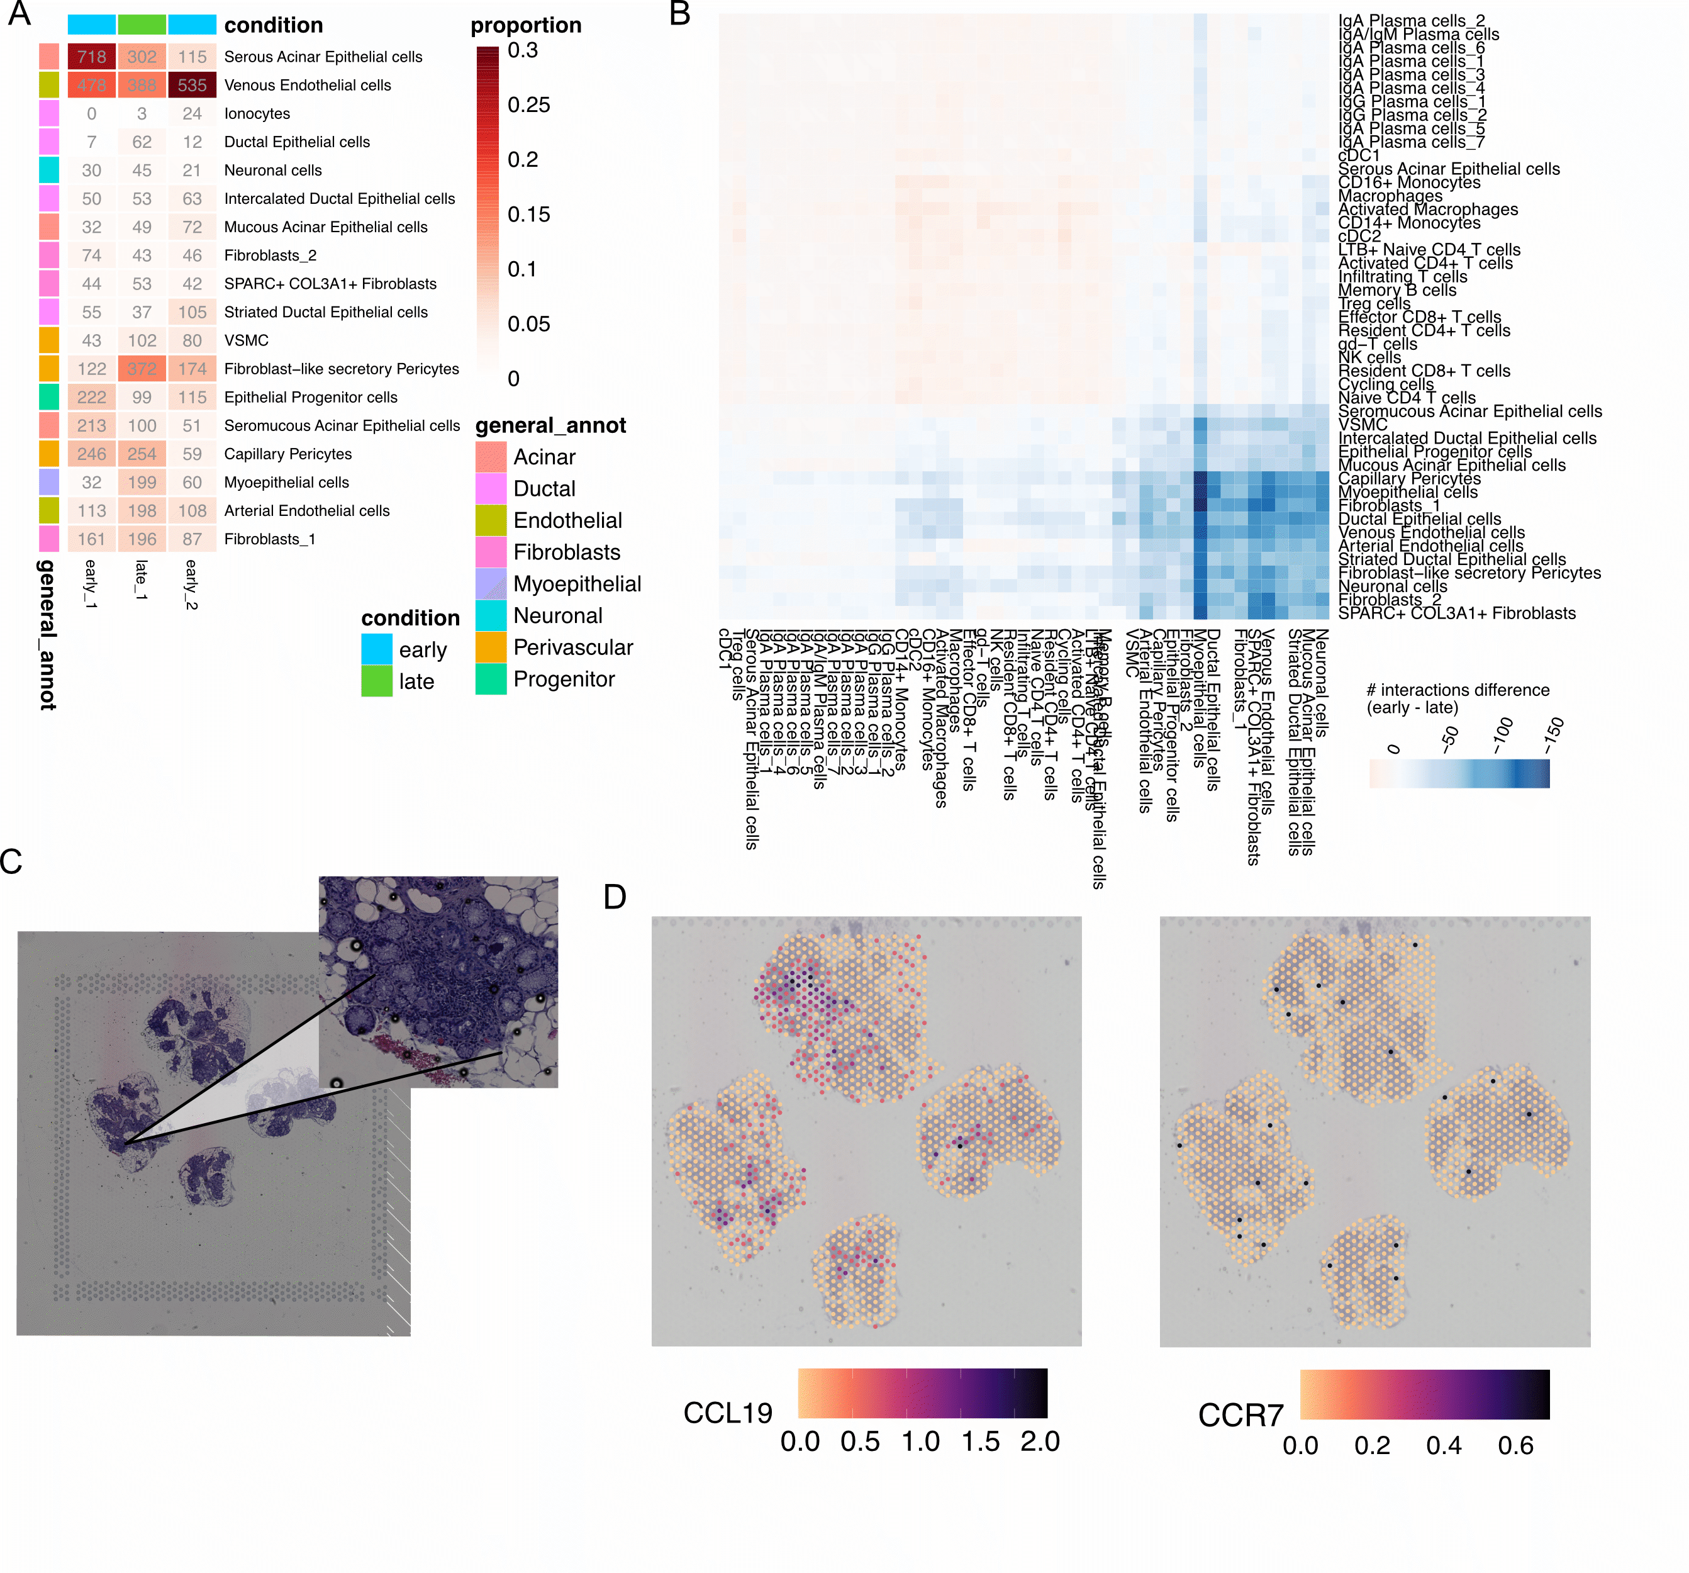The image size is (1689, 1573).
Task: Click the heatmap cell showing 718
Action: click(x=92, y=57)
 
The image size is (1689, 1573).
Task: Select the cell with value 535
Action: click(x=192, y=85)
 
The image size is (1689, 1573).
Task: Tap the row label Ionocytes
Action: click(x=257, y=114)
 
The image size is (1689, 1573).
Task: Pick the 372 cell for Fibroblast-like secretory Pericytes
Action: click(x=142, y=369)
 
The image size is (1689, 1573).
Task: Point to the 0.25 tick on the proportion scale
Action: click(x=528, y=105)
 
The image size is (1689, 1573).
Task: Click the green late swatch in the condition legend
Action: click(x=376, y=681)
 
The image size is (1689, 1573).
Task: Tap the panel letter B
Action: click(x=679, y=14)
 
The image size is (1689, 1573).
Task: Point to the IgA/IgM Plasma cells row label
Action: click(x=1418, y=35)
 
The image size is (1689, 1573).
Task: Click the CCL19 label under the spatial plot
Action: click(x=727, y=1413)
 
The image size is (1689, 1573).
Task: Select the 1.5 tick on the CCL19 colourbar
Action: click(x=981, y=1442)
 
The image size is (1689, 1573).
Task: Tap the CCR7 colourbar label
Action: click(x=1240, y=1416)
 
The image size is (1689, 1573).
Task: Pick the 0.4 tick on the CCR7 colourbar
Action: click(x=1444, y=1445)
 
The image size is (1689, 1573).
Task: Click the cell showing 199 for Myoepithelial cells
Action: click(x=142, y=483)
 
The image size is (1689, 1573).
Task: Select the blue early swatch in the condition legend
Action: click(x=376, y=649)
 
